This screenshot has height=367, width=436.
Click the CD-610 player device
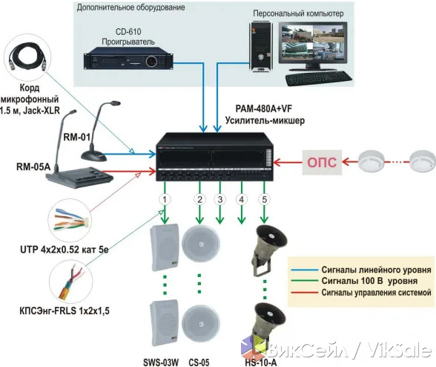(129, 58)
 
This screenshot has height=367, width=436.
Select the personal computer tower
(260, 47)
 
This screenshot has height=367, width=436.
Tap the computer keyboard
(318, 78)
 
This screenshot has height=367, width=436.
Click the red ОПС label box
(322, 163)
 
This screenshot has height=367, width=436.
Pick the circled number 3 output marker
(220, 200)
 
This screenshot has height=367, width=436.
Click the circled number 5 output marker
(264, 200)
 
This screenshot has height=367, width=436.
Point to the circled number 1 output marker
(165, 200)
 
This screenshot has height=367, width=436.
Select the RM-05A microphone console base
(80, 178)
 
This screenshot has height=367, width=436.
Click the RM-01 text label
(77, 137)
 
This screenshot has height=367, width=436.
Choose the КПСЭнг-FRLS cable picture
(70, 282)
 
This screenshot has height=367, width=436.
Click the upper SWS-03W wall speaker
(165, 247)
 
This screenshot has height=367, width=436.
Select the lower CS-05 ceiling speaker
(201, 323)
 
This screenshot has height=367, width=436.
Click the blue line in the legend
(304, 270)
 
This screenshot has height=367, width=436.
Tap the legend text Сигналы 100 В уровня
(369, 281)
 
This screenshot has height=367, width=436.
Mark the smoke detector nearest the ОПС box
(371, 162)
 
